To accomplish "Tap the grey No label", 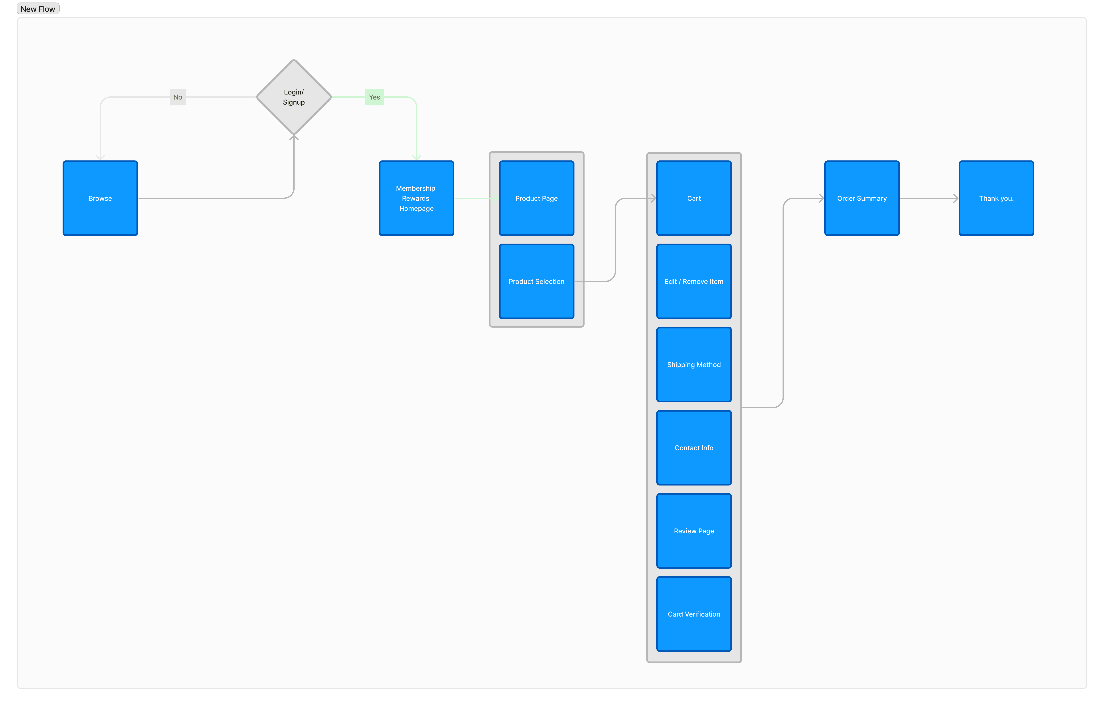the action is pos(177,97).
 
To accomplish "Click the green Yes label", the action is pos(374,97).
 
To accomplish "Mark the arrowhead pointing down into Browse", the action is pos(100,157).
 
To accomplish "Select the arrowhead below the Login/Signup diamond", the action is pos(294,138).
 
